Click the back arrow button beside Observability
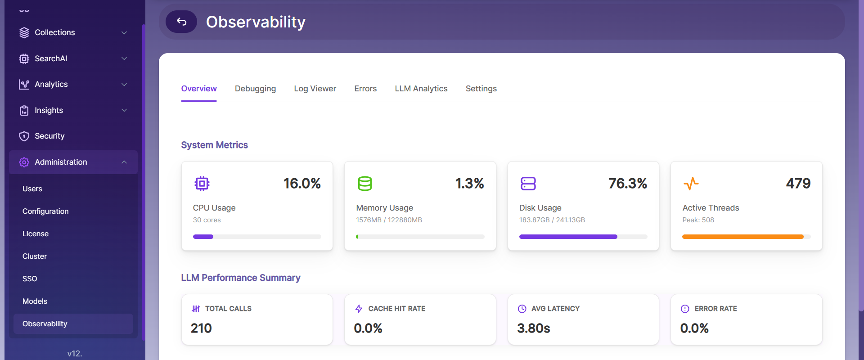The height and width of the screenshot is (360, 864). [x=181, y=22]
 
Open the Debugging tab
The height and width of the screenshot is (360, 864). [x=255, y=89]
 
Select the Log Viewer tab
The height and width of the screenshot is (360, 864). [x=315, y=89]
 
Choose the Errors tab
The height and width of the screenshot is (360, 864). [x=365, y=89]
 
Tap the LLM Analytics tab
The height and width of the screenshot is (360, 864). [x=421, y=89]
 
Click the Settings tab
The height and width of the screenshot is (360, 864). [x=481, y=89]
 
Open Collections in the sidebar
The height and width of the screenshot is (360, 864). [x=55, y=32]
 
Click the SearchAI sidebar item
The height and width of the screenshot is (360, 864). [x=51, y=58]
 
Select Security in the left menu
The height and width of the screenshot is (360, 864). [x=49, y=136]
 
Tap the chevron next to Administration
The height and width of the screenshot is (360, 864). [x=124, y=162]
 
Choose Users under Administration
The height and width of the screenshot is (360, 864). [x=32, y=189]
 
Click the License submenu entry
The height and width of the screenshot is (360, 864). [x=36, y=234]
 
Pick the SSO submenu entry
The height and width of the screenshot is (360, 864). [x=30, y=279]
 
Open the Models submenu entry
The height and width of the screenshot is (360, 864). [x=35, y=301]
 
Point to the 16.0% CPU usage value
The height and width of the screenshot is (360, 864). [x=302, y=183]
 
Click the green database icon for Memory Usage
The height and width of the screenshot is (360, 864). [x=365, y=184]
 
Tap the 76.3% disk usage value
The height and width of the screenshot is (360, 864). [x=628, y=183]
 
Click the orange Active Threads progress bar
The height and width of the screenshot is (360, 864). [x=742, y=237]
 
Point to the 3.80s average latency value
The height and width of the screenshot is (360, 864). [x=534, y=328]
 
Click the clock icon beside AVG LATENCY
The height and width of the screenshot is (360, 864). [x=522, y=309]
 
